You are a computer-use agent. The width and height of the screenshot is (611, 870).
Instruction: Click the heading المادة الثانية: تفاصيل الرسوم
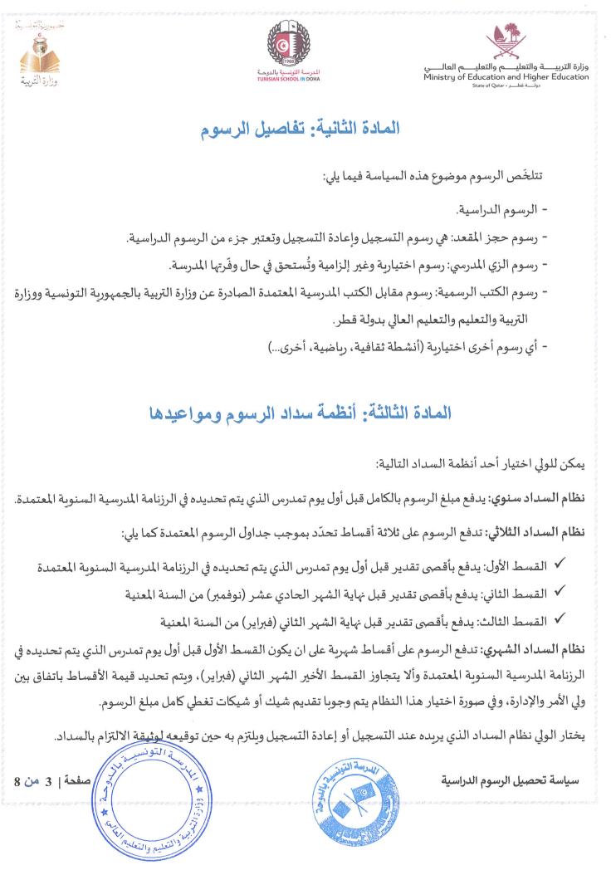(301, 130)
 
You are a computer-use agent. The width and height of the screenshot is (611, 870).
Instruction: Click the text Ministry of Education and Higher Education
(501, 76)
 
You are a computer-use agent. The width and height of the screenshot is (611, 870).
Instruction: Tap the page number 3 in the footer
(48, 781)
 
